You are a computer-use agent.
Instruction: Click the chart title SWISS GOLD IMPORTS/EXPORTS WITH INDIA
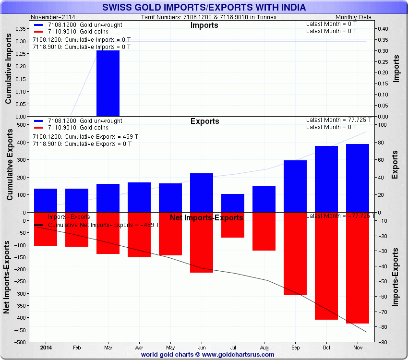204,8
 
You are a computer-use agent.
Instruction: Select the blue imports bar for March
108,83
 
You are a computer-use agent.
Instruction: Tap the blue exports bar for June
202,192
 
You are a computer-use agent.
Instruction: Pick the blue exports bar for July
233,203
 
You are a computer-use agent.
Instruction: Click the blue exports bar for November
358,178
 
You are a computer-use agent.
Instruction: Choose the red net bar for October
326,266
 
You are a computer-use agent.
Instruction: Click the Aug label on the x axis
264,347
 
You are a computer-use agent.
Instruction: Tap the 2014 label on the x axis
46,347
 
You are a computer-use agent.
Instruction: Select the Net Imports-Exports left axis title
7,277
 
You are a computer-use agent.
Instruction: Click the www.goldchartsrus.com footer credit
208,355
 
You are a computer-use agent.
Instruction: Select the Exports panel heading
204,121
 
